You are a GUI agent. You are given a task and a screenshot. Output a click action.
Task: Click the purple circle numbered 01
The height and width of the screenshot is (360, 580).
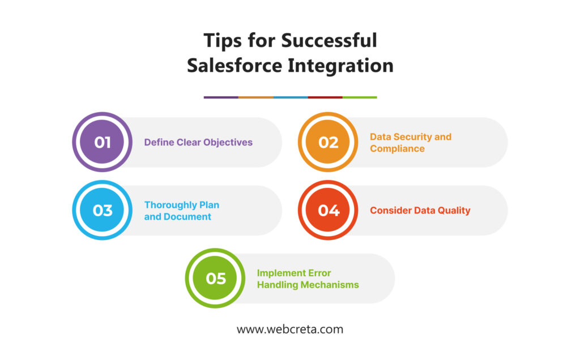pos(102,142)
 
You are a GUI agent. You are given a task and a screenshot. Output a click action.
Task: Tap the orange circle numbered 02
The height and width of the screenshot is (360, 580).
pos(328,142)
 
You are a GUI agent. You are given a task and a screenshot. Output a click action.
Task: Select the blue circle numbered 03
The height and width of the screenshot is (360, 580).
pos(102,210)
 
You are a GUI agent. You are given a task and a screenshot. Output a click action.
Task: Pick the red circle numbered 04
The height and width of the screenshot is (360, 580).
pos(328,210)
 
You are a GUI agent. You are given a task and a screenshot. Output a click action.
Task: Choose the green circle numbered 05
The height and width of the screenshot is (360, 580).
pos(215,278)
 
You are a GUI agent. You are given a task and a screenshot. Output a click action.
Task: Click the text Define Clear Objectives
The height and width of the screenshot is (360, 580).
pos(198,142)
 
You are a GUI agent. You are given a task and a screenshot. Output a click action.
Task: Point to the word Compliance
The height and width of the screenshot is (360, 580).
pos(397,148)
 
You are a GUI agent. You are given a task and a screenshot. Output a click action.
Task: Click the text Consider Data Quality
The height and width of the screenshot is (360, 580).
pos(420,211)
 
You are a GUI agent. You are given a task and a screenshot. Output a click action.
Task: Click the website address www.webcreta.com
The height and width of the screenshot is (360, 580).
pos(290,329)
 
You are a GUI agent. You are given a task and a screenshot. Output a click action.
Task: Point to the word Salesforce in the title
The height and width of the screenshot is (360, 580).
pos(234,66)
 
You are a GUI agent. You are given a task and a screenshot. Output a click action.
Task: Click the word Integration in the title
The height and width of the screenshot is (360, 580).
pos(340,66)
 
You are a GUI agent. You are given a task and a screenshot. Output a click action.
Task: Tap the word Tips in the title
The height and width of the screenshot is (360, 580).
pos(222,41)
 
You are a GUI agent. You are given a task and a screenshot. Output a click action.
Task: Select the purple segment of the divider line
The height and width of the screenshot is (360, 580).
pos(221,97)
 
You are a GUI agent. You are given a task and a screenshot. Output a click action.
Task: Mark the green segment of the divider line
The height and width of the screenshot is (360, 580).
pos(360,97)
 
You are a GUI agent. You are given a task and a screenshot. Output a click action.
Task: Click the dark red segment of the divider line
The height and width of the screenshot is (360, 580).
pos(326,97)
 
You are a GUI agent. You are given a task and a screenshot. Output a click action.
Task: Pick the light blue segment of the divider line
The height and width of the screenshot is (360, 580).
pos(291,97)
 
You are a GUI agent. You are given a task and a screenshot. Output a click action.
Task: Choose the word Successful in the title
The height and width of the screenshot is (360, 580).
pos(329,40)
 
